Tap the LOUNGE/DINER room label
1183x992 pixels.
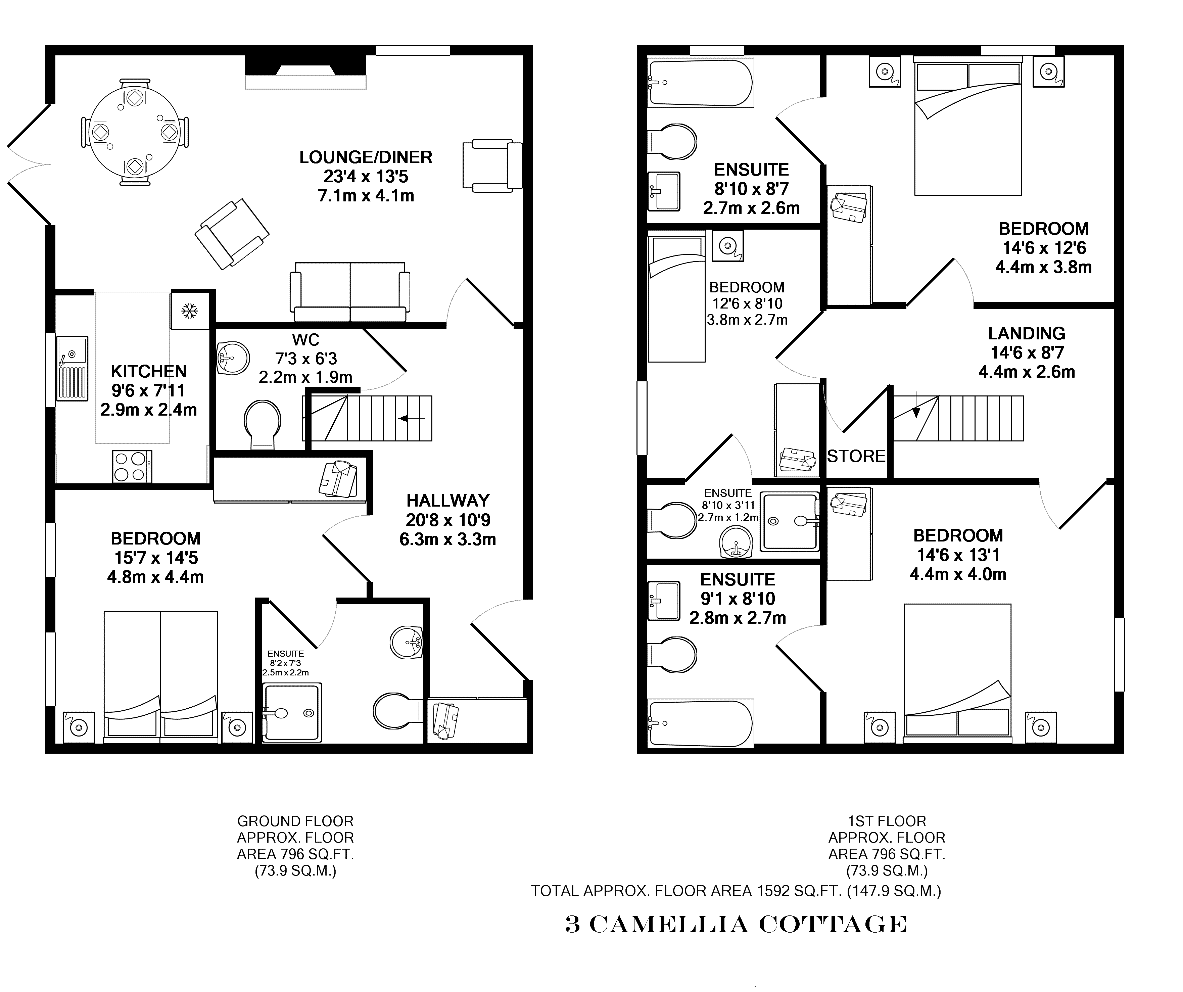coord(366,157)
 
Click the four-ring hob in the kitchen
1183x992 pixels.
coord(132,466)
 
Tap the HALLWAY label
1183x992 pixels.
coord(448,501)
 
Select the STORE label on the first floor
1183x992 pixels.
coord(856,456)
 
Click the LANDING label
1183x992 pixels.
coord(1026,333)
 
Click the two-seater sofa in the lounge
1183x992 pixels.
coord(350,292)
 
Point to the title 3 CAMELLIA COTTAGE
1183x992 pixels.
coord(736,925)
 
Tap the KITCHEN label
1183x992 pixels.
coord(149,372)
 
